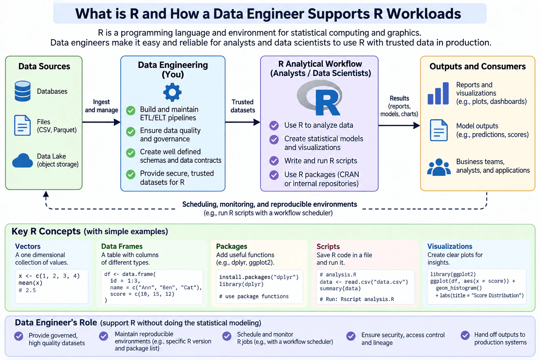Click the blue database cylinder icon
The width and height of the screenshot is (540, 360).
(22, 91)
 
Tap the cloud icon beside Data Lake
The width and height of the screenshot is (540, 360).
(22, 160)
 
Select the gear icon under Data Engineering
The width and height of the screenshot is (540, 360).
(172, 92)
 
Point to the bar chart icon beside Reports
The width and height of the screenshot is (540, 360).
(438, 93)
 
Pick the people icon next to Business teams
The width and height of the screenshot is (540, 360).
(439, 167)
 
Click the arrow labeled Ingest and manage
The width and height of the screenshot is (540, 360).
(101, 122)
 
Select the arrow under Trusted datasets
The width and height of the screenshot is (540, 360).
(243, 122)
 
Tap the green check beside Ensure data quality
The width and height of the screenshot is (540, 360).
(131, 131)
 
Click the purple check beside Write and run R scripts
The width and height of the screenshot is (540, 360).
(274, 161)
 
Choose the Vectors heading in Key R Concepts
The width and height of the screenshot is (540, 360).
(28, 246)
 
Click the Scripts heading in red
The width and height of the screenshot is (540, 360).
(328, 246)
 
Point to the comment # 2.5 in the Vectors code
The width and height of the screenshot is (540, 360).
(27, 290)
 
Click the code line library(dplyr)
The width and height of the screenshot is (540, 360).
(241, 284)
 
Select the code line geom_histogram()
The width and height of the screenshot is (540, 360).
(459, 288)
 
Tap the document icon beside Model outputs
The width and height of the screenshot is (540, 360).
(439, 130)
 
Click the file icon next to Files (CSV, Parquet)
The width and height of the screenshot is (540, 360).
(22, 126)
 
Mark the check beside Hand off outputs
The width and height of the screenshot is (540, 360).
(465, 335)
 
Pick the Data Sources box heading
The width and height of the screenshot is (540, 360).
(44, 66)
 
